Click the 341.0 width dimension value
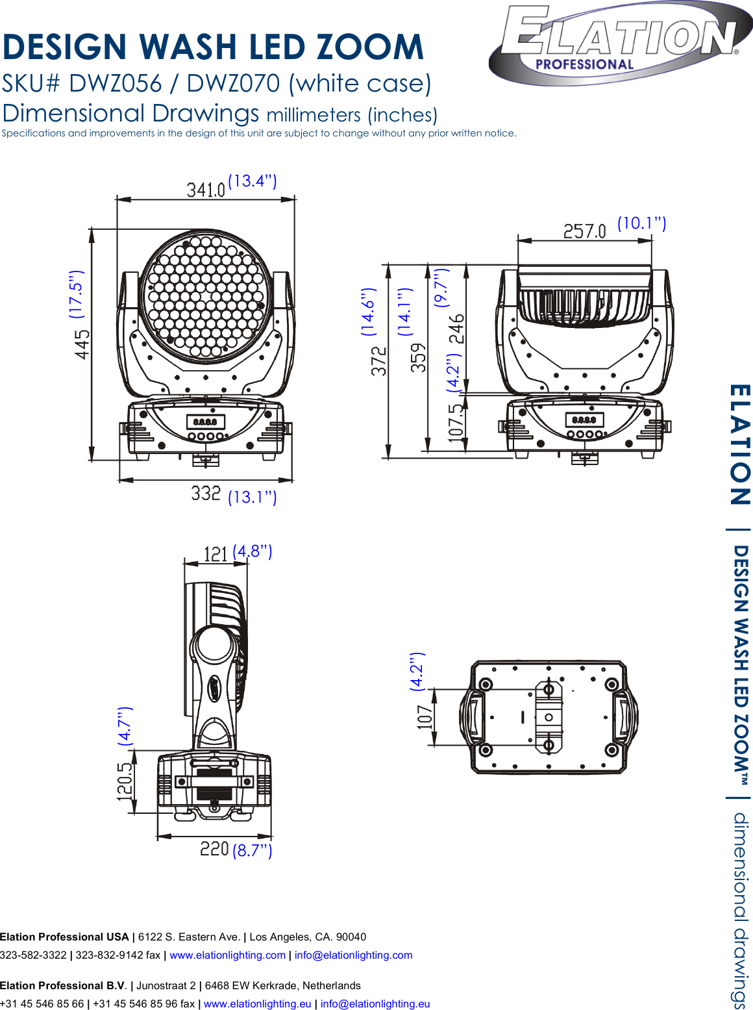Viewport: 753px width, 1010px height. pos(206,190)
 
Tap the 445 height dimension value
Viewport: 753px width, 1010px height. pos(82,344)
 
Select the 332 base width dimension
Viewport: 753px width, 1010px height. pos(206,494)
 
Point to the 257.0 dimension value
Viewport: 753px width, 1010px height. pos(584,231)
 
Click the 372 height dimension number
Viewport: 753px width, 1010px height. pos(378,360)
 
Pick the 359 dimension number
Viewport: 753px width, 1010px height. pos(419,357)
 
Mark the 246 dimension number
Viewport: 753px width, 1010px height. pos(457,329)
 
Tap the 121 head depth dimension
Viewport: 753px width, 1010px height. pos(215,554)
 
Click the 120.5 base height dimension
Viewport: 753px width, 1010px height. pos(125,780)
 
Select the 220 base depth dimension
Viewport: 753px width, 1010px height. pos(214,849)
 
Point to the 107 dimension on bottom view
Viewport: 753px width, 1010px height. pos(425,717)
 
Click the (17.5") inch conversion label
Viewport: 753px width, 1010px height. pos(77,294)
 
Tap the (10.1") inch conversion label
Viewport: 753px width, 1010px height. pos(641,223)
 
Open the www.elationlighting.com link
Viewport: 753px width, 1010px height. pos(227,955)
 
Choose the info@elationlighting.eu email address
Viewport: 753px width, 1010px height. pos(375,1004)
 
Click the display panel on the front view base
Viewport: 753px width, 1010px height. pos(205,422)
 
